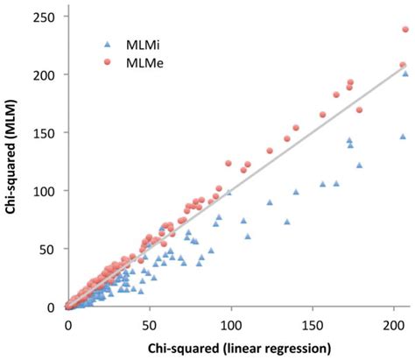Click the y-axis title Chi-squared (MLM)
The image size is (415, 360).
(13, 162)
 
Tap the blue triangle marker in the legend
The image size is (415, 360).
(106, 43)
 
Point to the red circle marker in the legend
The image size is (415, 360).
(106, 62)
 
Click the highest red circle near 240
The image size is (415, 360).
(405, 30)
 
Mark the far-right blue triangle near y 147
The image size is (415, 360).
(403, 137)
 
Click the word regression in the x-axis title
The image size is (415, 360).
(293, 348)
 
